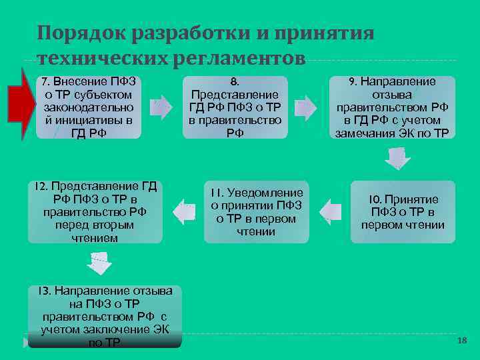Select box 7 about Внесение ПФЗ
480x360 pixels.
(88, 107)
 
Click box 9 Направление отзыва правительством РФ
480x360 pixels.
(393, 107)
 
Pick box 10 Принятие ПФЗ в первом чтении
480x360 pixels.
(403, 212)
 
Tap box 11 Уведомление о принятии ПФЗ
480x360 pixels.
(256, 212)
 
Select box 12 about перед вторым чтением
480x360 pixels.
(96, 212)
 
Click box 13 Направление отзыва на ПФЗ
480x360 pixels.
(105, 316)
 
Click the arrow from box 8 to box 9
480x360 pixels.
(305, 107)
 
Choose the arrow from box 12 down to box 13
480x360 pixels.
(99, 263)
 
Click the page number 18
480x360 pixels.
(462, 341)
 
